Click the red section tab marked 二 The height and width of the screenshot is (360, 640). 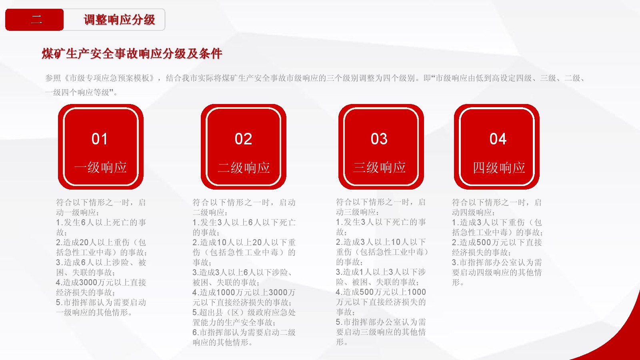pyautogui.click(x=34, y=20)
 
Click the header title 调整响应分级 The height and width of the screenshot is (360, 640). pyautogui.click(x=120, y=20)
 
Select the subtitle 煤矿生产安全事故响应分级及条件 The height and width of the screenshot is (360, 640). pyautogui.click(x=132, y=54)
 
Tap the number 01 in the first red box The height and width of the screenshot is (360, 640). pyautogui.click(x=100, y=139)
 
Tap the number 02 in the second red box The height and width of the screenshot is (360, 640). pyautogui.click(x=244, y=139)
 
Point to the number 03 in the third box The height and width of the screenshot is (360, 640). pyautogui.click(x=379, y=139)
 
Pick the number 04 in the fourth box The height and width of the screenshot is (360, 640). pyautogui.click(x=498, y=139)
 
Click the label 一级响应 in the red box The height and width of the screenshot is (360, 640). pyautogui.click(x=100, y=168)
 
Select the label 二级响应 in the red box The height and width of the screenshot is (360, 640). pyautogui.click(x=244, y=168)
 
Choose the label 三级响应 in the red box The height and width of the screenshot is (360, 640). pyautogui.click(x=379, y=168)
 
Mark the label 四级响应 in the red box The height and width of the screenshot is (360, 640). pyautogui.click(x=499, y=168)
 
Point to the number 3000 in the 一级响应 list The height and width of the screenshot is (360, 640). pyautogui.click(x=88, y=282)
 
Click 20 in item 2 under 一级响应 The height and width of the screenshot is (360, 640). pyautogui.click(x=84, y=242)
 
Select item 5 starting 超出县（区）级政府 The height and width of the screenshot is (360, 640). pyautogui.click(x=244, y=318)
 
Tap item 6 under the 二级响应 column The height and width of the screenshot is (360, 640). pyautogui.click(x=244, y=338)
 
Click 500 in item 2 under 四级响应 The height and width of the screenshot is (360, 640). pyautogui.click(x=484, y=242)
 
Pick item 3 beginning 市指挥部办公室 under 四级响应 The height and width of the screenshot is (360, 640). pyautogui.click(x=497, y=272)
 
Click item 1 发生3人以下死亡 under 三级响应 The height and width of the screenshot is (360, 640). pyautogui.click(x=381, y=227)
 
